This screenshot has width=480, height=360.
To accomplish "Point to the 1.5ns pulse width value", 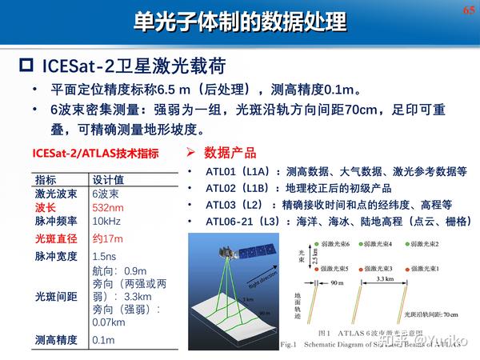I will point(105,257).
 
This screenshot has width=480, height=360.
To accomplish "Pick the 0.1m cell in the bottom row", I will point(103,340).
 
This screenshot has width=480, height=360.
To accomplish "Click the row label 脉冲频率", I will point(56,221).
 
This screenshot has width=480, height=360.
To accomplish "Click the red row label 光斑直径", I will point(56,238).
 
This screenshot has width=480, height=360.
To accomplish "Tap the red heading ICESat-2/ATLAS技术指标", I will point(95,154).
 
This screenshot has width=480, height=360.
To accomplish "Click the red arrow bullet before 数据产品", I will point(191,152).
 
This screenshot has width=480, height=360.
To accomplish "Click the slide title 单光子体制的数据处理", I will point(239,22).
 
